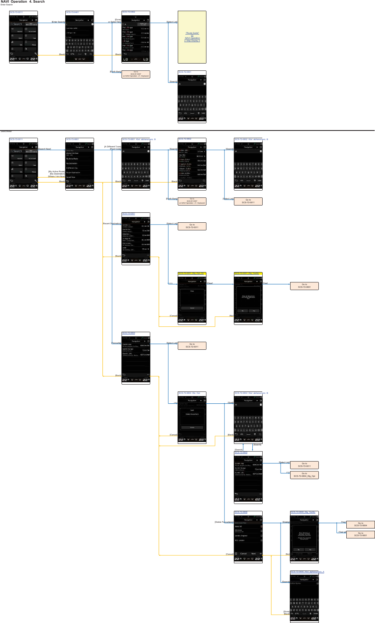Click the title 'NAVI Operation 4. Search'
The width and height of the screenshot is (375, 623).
point(23,2)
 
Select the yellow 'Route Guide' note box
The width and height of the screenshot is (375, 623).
point(192,37)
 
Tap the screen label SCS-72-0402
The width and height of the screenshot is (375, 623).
point(128,12)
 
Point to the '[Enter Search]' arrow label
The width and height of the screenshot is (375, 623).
point(58,22)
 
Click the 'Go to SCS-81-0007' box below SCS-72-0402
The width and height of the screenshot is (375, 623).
point(136,74)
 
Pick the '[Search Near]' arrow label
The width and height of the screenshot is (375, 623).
point(45,149)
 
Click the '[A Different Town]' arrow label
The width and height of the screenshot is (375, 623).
point(113,147)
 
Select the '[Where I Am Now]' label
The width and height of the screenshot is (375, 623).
point(57,176)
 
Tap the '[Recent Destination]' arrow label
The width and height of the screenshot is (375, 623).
point(112,223)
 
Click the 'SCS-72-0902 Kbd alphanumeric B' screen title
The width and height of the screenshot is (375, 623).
point(251,139)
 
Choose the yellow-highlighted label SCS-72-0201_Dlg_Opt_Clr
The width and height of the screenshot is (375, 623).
point(191,274)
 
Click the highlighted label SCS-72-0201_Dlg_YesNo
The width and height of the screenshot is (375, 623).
point(247,274)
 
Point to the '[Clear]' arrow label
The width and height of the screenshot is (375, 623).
point(210,283)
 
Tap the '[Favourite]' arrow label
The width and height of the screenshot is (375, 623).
point(116,343)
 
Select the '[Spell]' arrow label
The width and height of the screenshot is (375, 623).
point(231,403)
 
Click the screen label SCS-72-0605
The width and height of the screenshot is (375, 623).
point(241,452)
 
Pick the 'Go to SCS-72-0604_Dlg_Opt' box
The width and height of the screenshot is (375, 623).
point(304,475)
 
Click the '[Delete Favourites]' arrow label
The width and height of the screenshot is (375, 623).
point(224,522)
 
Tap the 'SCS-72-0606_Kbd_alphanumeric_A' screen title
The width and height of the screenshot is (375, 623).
point(307,572)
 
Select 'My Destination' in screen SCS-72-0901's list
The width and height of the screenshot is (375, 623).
point(72,163)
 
